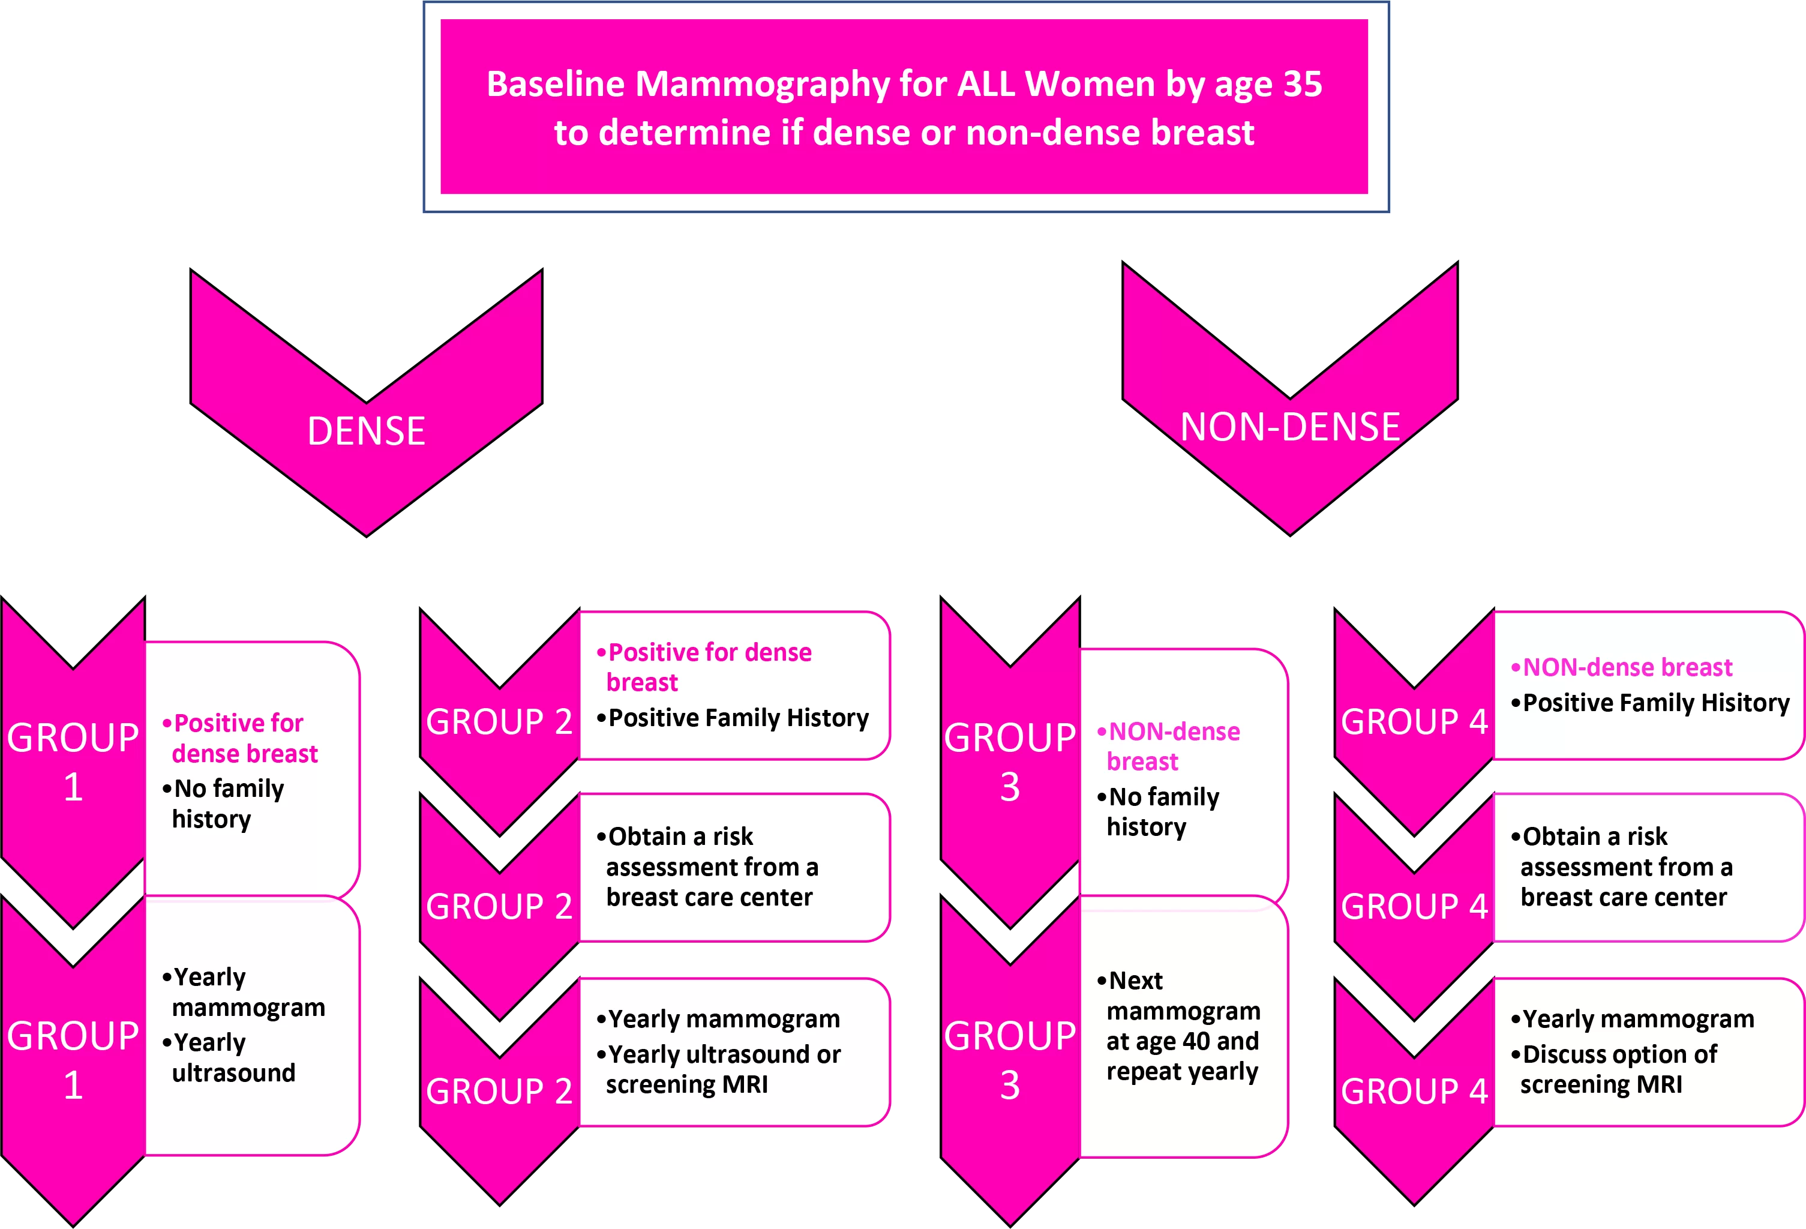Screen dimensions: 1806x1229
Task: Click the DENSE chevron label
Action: (x=366, y=431)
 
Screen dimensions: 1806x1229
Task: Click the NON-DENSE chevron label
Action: (x=1290, y=427)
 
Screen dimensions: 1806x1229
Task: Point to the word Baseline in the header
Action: (x=556, y=84)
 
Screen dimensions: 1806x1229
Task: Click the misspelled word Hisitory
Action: (x=1745, y=703)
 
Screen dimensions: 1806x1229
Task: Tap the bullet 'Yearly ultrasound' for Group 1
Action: (x=229, y=1057)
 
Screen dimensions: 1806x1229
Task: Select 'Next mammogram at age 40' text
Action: (x=1179, y=1011)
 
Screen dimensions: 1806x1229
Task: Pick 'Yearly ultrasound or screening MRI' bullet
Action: (x=718, y=1069)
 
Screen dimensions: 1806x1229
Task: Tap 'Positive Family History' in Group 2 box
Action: (x=732, y=718)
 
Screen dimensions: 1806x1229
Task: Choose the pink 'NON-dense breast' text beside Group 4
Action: (x=1621, y=667)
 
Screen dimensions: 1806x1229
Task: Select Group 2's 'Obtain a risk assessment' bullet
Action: (x=707, y=867)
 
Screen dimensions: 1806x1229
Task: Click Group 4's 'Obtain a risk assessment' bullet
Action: (x=1622, y=867)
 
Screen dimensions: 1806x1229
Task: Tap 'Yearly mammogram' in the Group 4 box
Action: (x=1632, y=1018)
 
